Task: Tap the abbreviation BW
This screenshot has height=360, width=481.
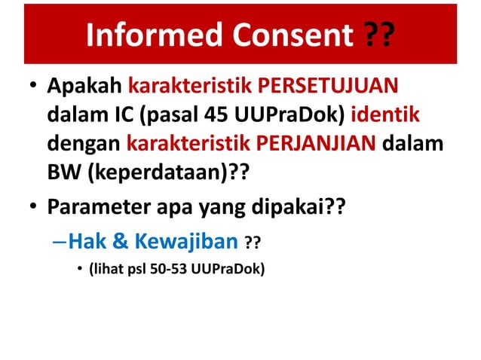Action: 64,173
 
